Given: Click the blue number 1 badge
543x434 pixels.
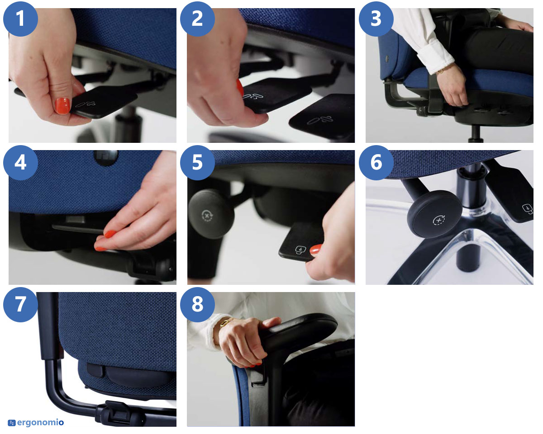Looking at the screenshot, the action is coord(20,19).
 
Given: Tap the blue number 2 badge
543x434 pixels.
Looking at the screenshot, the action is coord(198,19).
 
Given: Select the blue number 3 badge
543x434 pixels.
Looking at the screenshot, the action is coord(376,19).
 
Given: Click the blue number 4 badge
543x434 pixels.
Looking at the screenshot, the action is coord(20,163).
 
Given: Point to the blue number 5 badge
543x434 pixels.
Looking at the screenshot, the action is coord(198,163).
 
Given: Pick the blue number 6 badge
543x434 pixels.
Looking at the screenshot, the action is coord(376,163).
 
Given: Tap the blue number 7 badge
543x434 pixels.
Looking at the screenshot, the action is coord(20,305).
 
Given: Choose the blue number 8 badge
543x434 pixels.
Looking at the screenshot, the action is coord(198,305).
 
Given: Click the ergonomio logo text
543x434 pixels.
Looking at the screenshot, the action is coord(40,422).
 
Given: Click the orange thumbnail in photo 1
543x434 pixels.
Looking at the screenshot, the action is coord(62,106).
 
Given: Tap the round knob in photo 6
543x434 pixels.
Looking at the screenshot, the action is coord(435,214).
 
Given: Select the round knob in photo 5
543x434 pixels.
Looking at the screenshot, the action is coord(211,214).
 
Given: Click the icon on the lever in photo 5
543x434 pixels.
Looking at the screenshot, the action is coord(301,250).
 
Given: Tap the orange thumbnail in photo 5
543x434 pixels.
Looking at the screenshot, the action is coord(316,249).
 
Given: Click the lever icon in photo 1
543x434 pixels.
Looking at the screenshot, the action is coord(86,104).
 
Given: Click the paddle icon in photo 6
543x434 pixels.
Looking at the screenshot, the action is coord(528,208).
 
